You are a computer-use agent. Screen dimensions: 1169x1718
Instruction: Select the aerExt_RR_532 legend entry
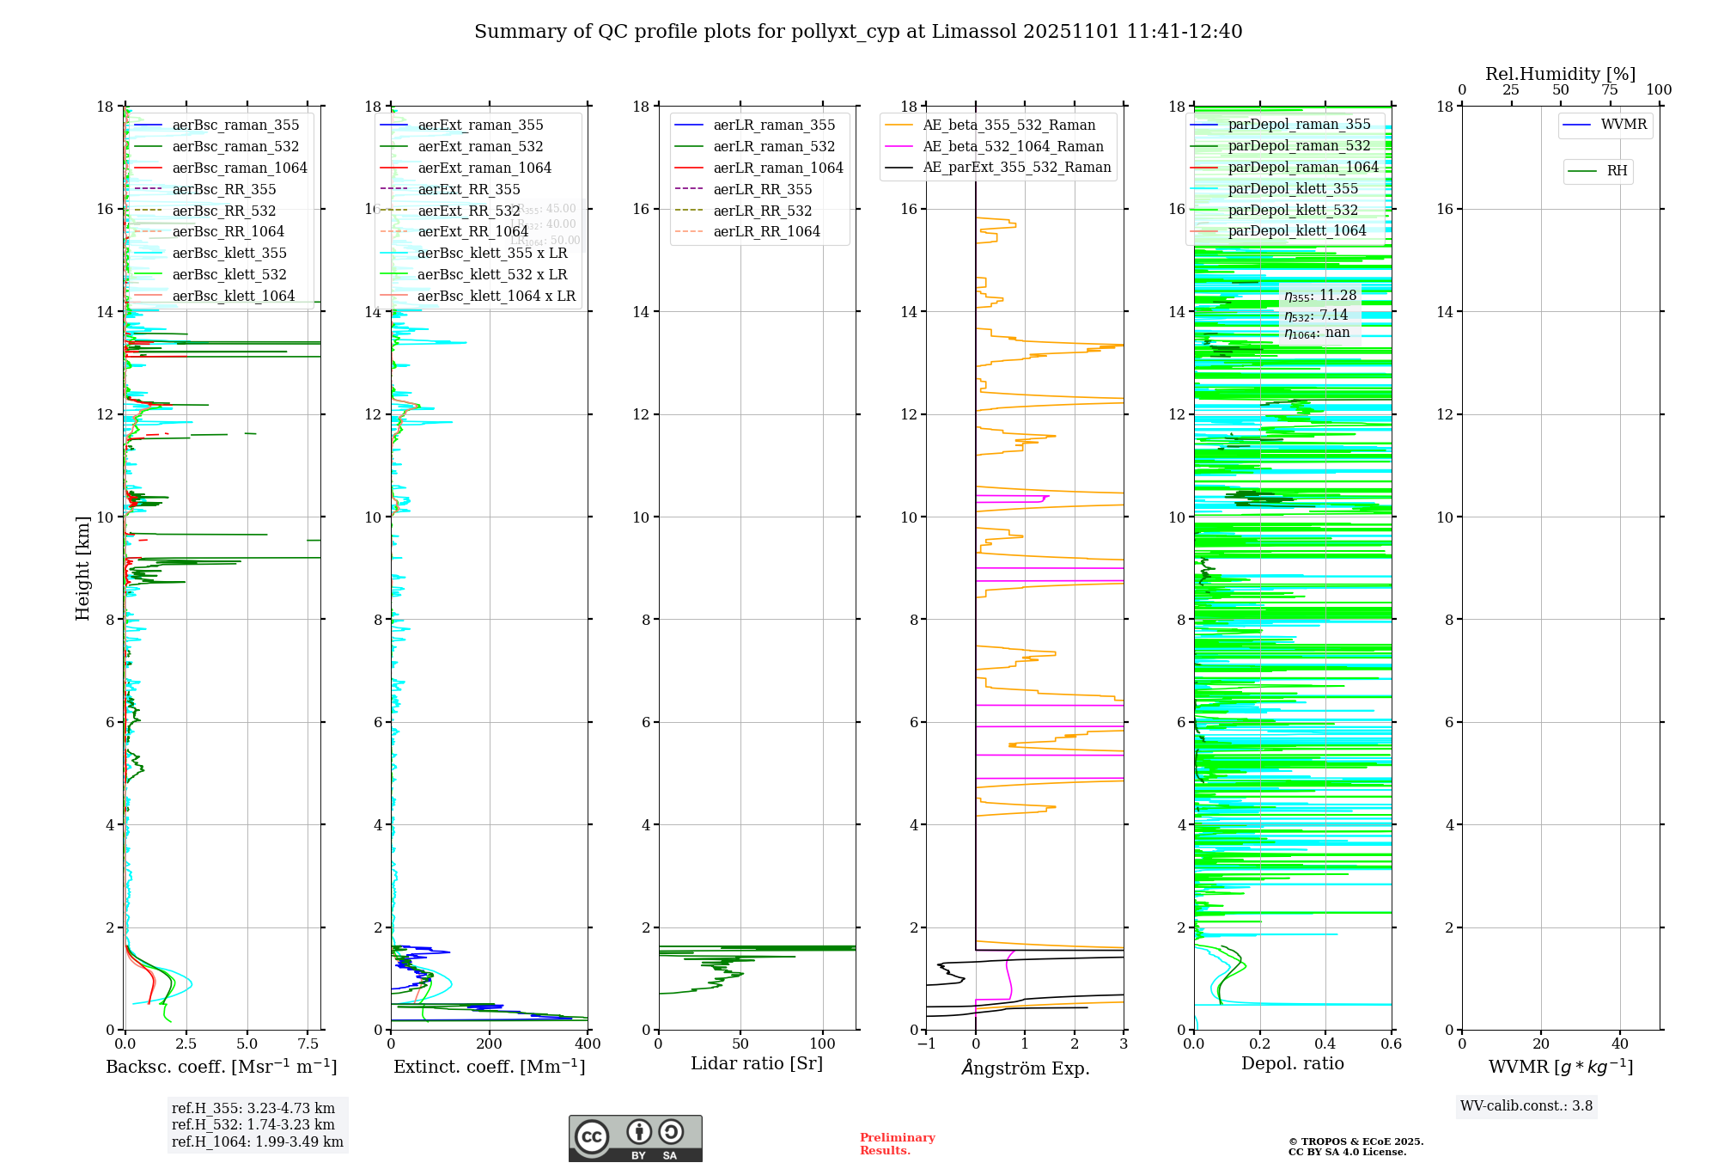(x=468, y=211)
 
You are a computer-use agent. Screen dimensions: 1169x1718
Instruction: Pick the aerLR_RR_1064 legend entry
(x=766, y=231)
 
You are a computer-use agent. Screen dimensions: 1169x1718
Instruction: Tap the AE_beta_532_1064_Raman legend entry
(x=1013, y=146)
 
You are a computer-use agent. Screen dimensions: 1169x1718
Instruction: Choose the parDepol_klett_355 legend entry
(x=1293, y=188)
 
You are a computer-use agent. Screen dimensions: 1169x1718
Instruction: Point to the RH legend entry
(x=1617, y=171)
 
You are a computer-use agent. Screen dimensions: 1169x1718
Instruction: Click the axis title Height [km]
(x=82, y=567)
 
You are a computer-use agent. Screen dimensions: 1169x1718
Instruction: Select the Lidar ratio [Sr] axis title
(x=757, y=1063)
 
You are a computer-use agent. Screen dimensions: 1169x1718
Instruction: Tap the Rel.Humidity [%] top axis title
(x=1560, y=74)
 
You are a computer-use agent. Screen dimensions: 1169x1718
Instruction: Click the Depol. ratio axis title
(x=1292, y=1063)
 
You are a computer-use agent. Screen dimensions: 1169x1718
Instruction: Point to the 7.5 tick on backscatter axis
(x=308, y=1044)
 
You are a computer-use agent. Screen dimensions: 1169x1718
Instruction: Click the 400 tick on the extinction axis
(x=588, y=1044)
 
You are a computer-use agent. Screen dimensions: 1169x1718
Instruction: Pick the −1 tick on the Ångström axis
(x=926, y=1044)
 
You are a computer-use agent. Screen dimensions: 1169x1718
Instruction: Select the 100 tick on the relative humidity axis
(x=1659, y=90)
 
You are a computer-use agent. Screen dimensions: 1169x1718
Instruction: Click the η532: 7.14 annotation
(x=1316, y=315)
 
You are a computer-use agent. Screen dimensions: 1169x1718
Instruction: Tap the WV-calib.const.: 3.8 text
(x=1526, y=1106)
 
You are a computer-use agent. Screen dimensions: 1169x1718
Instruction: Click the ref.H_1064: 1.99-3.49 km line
(x=258, y=1141)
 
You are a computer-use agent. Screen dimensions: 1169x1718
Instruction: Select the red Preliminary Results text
(x=897, y=1144)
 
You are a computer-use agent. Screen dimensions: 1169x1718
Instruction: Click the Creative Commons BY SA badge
(x=635, y=1139)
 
